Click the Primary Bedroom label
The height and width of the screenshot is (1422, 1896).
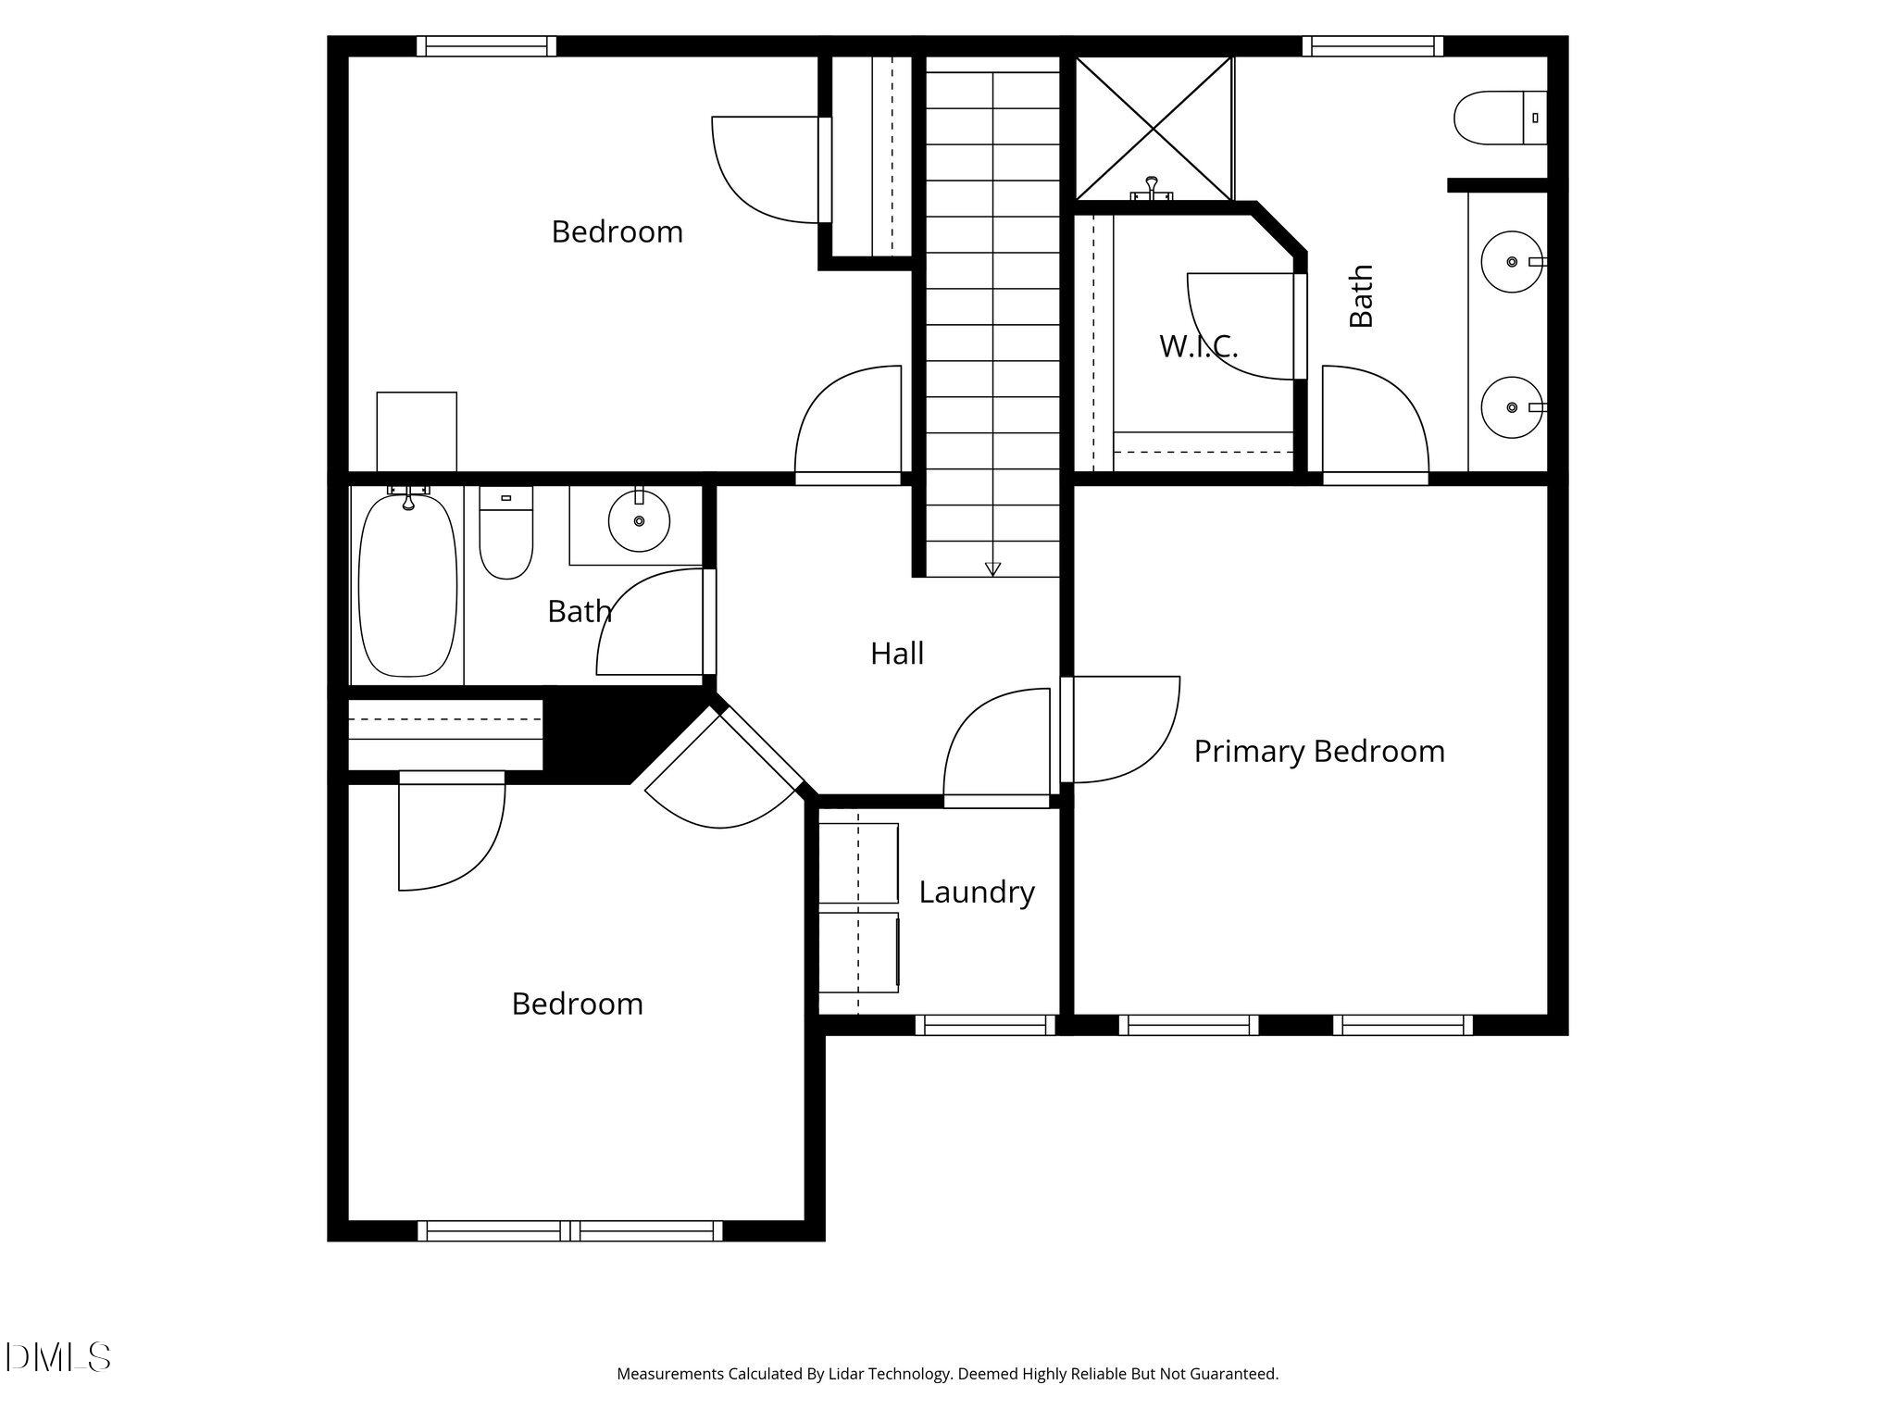coord(1318,751)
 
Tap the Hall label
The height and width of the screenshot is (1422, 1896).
coord(896,654)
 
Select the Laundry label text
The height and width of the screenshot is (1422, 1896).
coord(976,892)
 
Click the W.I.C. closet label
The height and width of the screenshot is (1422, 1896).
coord(1198,346)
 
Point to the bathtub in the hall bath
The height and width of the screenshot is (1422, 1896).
coord(407,586)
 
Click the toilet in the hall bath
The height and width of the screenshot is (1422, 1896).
coord(505,534)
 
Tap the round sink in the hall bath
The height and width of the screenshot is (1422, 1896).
coord(639,521)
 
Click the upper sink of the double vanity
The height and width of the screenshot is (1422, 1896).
coord(1511,262)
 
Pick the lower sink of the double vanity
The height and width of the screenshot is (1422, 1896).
coord(1511,407)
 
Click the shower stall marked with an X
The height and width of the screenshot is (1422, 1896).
coord(1154,127)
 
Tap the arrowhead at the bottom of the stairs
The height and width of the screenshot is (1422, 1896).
coord(992,568)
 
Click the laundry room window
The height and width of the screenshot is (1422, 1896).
coord(985,1025)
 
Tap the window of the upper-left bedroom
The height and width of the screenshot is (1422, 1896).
coord(486,46)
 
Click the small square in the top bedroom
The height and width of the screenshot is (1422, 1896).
coord(417,431)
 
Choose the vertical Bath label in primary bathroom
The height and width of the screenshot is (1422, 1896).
coord(1361,296)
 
